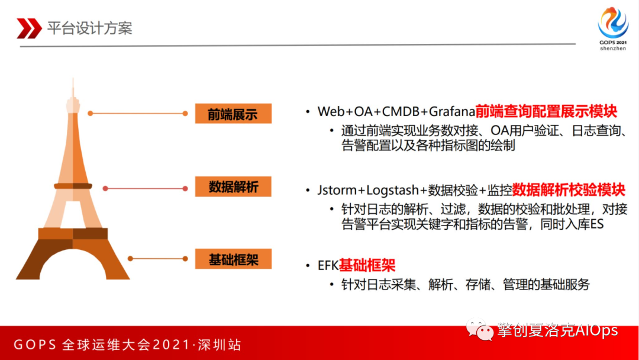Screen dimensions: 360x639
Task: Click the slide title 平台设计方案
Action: point(90,28)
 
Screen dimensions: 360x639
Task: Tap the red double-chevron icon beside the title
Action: point(29,28)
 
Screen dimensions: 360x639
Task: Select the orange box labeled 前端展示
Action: point(233,113)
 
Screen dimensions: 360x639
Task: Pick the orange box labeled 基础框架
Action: point(233,259)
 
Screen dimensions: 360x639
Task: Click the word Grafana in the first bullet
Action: point(452,111)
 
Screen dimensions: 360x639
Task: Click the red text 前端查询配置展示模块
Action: point(546,111)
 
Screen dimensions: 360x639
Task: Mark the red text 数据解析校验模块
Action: point(569,190)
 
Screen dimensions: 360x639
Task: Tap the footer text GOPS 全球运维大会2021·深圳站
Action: point(127,345)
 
